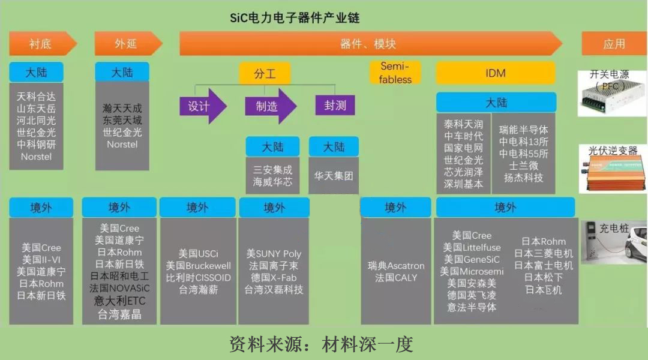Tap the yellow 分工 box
[265, 73]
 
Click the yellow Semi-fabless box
[395, 73]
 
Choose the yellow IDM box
[496, 73]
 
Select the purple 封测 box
[335, 106]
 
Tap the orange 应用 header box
[614, 44]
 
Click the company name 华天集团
[334, 176]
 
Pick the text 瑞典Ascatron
[396, 266]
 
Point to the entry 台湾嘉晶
[119, 313]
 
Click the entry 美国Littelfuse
[472, 247]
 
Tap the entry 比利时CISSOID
[199, 278]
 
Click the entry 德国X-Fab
[274, 278]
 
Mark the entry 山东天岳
[37, 108]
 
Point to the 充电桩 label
[614, 229]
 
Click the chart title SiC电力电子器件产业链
[295, 17]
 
